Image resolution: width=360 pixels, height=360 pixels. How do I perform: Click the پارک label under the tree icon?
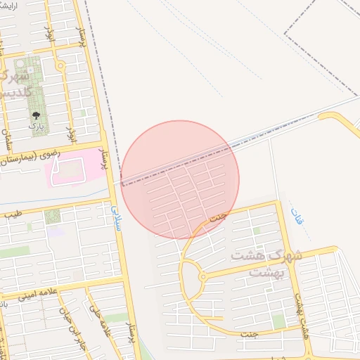[36, 125]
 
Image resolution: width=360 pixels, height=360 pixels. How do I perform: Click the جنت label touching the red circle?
[218, 217]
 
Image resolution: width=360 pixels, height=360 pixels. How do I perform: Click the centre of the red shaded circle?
[180, 179]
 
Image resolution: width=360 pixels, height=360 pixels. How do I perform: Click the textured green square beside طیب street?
[53, 217]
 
